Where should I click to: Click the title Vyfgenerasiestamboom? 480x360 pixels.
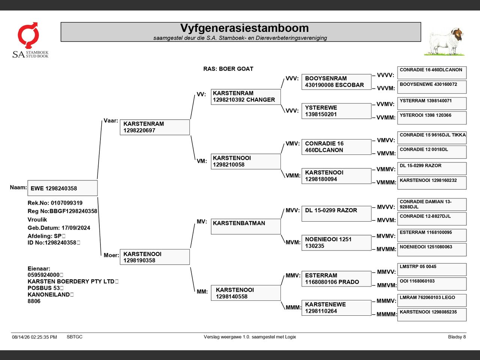pyautogui.click(x=244, y=28)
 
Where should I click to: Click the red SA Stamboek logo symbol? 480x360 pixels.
pyautogui.click(x=28, y=35)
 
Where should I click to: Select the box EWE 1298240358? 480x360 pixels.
pyautogui.click(x=63, y=188)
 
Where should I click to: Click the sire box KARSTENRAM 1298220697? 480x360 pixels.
pyautogui.click(x=155, y=127)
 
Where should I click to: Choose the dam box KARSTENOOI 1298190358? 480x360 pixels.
pyautogui.click(x=155, y=257)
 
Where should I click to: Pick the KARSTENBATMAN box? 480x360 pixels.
pyautogui.click(x=246, y=226)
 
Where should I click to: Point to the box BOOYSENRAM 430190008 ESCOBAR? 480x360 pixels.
pyautogui.click(x=336, y=82)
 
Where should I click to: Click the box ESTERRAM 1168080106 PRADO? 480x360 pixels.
pyautogui.click(x=336, y=279)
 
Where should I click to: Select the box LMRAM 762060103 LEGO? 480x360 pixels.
pyautogui.click(x=432, y=300)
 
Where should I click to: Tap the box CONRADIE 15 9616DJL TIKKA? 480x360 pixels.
pyautogui.click(x=432, y=138)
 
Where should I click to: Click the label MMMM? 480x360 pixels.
pyautogui.click(x=386, y=314)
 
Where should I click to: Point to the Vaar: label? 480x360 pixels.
pyautogui.click(x=111, y=121)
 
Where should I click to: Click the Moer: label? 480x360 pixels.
pyautogui.click(x=111, y=255)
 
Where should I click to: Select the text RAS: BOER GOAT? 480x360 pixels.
pyautogui.click(x=228, y=69)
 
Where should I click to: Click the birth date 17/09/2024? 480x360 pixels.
pyautogui.click(x=76, y=228)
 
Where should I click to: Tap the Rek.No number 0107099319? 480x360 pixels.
pyautogui.click(x=67, y=203)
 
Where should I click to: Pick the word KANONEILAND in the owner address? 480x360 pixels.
pyautogui.click(x=48, y=294)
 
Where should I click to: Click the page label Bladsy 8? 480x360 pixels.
pyautogui.click(x=457, y=337)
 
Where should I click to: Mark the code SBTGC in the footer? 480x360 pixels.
pyautogui.click(x=75, y=337)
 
